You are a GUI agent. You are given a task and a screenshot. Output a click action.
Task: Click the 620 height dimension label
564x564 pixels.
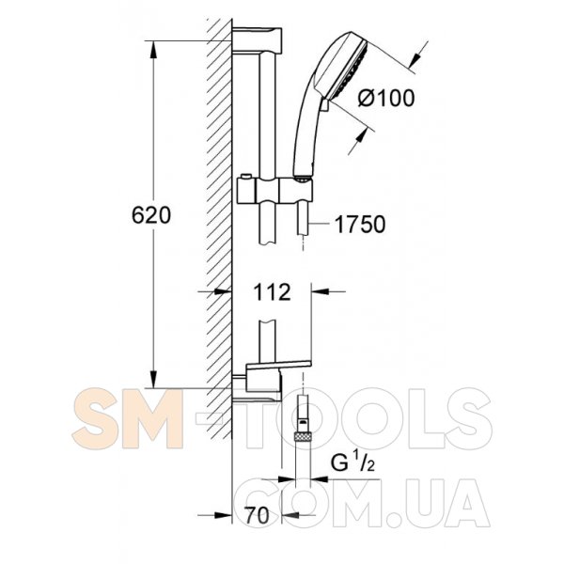tap(151, 216)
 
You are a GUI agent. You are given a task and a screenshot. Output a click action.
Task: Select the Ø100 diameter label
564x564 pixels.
tap(386, 98)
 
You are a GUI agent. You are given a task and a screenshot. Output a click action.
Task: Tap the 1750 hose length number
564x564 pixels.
tap(360, 225)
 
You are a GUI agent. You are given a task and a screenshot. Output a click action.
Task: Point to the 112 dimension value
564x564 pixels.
tap(272, 292)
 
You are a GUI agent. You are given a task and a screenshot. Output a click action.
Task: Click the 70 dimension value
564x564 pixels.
tap(258, 515)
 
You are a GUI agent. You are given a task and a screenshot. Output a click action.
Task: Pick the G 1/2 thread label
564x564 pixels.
tap(352, 462)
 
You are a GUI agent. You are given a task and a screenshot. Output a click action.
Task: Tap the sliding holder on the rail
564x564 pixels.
tap(274, 190)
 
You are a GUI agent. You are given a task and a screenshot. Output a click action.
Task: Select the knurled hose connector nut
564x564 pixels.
tap(303, 437)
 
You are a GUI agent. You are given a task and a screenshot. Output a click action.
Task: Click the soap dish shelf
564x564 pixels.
tap(278, 365)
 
